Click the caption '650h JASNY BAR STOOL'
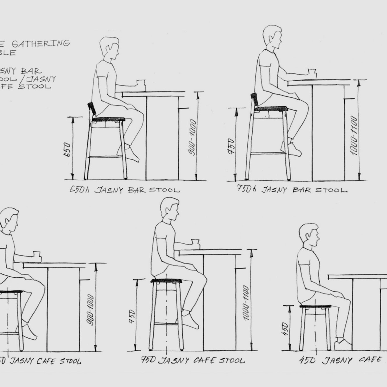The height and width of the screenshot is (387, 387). (124, 190)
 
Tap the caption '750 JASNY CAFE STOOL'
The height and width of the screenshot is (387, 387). (193, 360)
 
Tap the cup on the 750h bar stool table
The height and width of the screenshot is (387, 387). (312, 72)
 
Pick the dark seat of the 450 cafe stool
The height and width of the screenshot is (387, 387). (315, 306)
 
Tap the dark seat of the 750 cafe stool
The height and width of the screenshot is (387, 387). (166, 281)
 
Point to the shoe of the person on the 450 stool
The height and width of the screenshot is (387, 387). (342, 344)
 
